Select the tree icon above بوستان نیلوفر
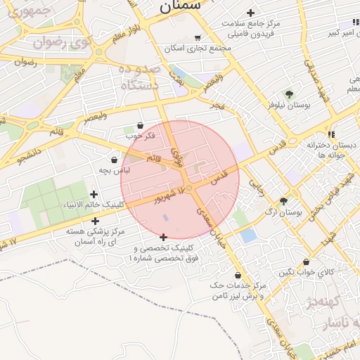click(x=289, y=94)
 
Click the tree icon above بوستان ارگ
click(x=284, y=200)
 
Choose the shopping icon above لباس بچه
click(x=114, y=160)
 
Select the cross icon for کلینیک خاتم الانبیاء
click(x=94, y=194)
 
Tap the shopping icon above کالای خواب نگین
click(x=306, y=262)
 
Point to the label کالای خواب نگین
click(x=307, y=273)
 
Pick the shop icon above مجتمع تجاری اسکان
click(x=198, y=38)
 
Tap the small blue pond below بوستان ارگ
click(x=247, y=236)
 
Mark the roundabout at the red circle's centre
click(x=189, y=188)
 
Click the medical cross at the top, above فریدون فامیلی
click(x=251, y=13)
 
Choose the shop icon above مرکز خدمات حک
click(x=238, y=275)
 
